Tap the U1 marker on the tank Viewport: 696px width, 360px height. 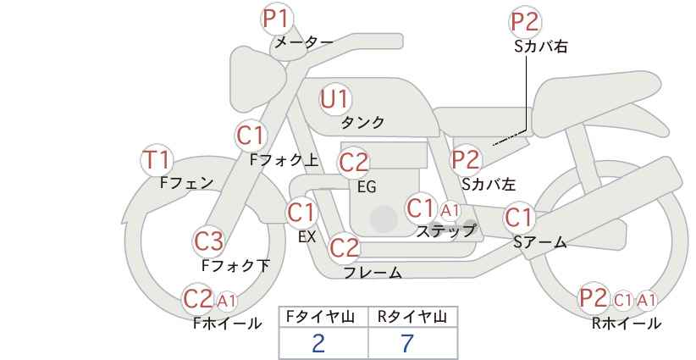pos(334,99)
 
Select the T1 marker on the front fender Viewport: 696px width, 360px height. pos(157,160)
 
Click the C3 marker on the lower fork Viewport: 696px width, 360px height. pos(209,241)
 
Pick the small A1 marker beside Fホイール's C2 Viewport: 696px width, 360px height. pos(226,301)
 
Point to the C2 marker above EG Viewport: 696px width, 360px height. pos(354,163)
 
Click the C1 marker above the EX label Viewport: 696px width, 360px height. pos(301,213)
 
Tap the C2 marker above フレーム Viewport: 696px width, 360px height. pos(345,247)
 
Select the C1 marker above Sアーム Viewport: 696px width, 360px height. pos(518,218)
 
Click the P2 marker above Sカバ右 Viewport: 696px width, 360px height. pos(525,22)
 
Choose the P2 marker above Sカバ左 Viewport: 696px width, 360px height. pos(466,160)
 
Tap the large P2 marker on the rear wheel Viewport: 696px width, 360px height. pos(594,298)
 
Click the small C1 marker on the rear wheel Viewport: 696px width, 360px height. pos(623,301)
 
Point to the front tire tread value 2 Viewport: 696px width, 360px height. pos(318,343)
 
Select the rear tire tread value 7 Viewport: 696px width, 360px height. pos(407,343)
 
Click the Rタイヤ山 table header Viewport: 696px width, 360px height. pos(412,317)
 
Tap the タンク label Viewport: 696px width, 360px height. pos(362,123)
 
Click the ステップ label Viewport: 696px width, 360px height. pos(446,231)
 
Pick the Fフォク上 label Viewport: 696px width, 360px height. pos(284,160)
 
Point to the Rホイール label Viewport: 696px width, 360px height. pos(627,324)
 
